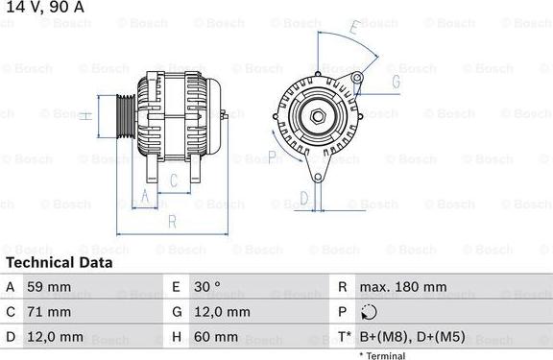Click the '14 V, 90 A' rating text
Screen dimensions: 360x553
(x=43, y=8)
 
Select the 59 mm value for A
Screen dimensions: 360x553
(x=50, y=287)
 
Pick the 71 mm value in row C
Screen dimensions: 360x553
(x=50, y=312)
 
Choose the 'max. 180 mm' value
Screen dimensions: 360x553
(x=402, y=287)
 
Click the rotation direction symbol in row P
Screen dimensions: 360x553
(x=370, y=312)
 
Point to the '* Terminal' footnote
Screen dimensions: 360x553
(x=382, y=355)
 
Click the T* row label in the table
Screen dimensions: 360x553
(x=343, y=337)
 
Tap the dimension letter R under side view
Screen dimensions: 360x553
(x=171, y=222)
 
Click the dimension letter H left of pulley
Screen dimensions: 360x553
(x=85, y=116)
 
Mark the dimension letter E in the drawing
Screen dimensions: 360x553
(x=353, y=30)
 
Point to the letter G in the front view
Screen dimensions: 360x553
(x=394, y=82)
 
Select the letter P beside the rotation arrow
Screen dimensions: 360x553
(x=272, y=156)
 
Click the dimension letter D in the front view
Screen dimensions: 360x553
(x=303, y=199)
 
